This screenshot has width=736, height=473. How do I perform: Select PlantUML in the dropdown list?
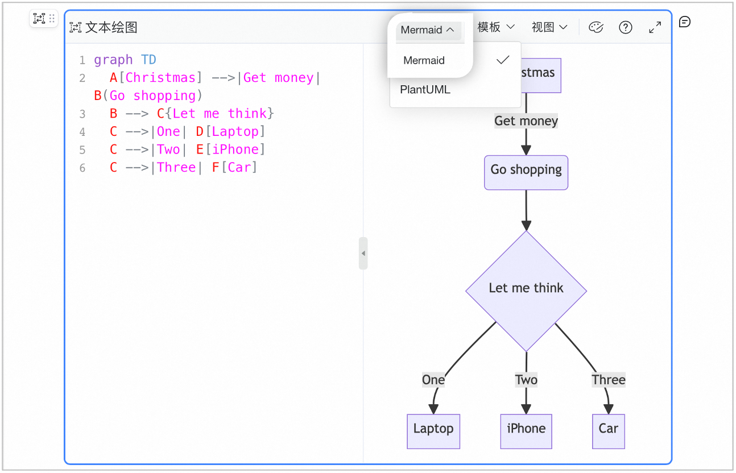(425, 90)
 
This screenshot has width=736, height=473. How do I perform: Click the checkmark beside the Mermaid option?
(503, 60)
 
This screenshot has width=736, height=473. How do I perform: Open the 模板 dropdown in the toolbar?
(496, 27)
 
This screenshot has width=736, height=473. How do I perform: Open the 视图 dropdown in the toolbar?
(549, 27)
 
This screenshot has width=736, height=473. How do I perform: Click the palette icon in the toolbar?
(596, 27)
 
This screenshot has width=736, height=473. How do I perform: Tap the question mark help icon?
(625, 27)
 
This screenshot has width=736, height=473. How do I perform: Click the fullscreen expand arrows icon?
(655, 27)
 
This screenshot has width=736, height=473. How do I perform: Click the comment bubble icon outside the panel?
(684, 22)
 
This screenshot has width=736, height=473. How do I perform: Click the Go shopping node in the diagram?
(526, 172)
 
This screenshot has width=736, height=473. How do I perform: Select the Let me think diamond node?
(526, 291)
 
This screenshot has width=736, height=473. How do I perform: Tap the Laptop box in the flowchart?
(433, 431)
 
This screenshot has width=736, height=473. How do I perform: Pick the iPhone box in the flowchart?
(526, 431)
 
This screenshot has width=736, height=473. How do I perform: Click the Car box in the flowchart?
(609, 431)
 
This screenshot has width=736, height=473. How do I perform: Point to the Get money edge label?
(526, 121)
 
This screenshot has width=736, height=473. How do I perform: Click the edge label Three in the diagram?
(609, 380)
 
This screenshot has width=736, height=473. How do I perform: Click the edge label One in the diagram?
(433, 380)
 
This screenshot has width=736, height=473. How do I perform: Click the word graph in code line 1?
(113, 60)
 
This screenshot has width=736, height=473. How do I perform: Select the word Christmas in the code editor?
(160, 78)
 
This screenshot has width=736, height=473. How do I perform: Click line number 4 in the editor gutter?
(82, 132)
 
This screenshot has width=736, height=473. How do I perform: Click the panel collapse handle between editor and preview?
(363, 253)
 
